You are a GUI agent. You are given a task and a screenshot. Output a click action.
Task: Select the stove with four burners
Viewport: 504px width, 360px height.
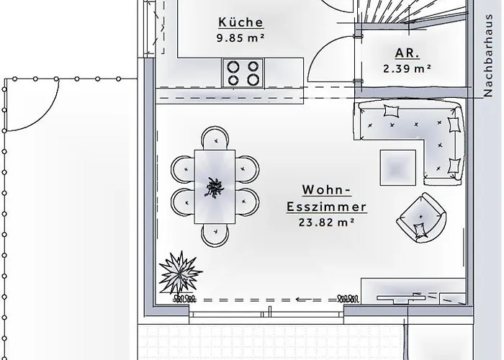pyautogui.click(x=243, y=71)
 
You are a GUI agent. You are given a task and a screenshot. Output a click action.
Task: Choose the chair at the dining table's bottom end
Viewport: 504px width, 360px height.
pyautogui.click(x=215, y=234)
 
